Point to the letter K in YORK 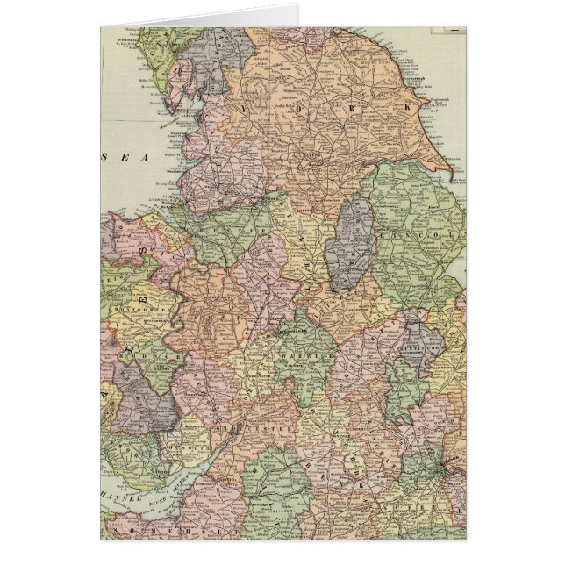410,106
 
